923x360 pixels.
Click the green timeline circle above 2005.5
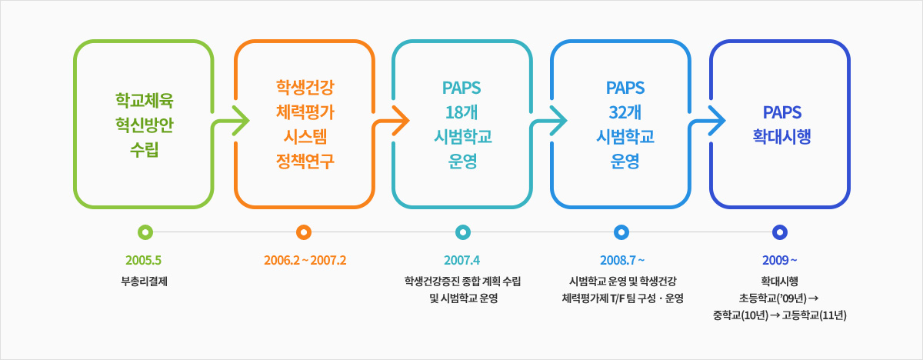(x=145, y=232)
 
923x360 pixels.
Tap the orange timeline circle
(x=304, y=232)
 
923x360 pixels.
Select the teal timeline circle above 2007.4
(x=463, y=232)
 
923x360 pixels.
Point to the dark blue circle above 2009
(x=780, y=232)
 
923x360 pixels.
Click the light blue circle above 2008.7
(x=621, y=232)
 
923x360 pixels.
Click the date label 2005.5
(x=143, y=260)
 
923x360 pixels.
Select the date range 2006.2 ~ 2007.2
(x=305, y=260)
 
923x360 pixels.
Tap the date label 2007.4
(x=462, y=260)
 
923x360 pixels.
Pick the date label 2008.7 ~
(x=622, y=260)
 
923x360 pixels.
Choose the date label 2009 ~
(x=780, y=260)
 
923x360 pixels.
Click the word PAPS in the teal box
(x=461, y=88)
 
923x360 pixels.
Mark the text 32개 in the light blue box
(x=625, y=112)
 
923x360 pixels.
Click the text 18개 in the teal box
(x=461, y=112)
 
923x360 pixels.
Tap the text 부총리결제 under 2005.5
(x=145, y=282)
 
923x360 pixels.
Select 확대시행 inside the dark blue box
(x=781, y=137)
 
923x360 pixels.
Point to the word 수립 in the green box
(x=145, y=149)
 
